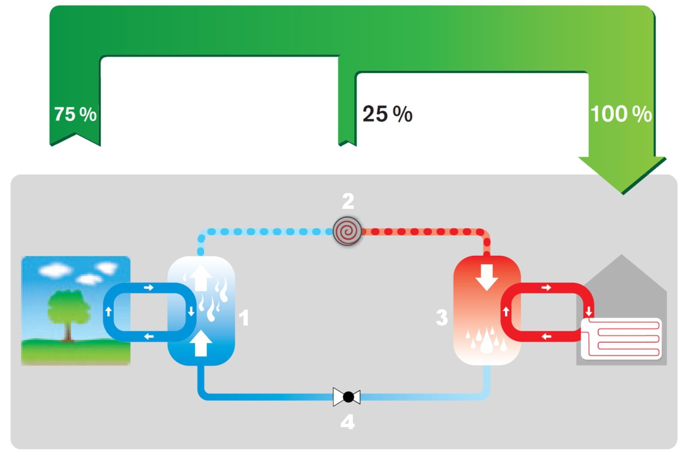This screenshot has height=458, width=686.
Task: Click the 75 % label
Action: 75,114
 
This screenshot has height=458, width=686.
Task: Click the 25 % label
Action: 387,114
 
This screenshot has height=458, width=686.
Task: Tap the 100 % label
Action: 621,114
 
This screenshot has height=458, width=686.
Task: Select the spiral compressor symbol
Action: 347,231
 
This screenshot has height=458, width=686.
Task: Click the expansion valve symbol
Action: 347,397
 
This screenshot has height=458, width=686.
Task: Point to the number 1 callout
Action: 244,318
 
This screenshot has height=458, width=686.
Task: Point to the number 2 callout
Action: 348,201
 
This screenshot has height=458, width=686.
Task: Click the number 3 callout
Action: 442,318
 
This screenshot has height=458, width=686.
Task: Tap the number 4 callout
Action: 347,422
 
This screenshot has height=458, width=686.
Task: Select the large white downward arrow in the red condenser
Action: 487,277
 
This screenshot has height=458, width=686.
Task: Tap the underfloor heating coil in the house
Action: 622,339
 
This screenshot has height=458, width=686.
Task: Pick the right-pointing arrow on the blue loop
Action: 148,287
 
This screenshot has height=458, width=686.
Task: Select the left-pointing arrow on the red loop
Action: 546,337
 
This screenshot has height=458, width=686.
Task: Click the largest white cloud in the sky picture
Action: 55,270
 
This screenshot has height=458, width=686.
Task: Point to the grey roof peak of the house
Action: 621,262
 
